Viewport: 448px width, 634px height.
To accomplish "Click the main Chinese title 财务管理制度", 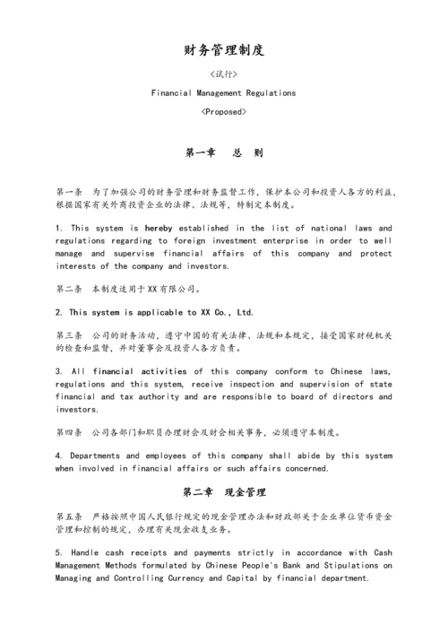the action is coord(223,50).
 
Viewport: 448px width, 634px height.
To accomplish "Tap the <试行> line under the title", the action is coord(223,74).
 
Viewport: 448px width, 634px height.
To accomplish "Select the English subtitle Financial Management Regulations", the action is coord(223,92).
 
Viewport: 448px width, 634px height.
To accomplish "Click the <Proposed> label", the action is coord(223,112).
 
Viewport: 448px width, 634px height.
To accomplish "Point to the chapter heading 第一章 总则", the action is coord(223,152).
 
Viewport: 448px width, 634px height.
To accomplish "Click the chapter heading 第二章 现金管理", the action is coord(223,492).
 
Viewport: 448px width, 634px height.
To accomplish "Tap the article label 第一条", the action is coord(69,192).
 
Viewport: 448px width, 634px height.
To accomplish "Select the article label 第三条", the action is coord(69,334).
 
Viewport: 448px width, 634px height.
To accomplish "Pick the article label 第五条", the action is coord(69,517).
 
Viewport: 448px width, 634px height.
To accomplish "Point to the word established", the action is coord(208,228).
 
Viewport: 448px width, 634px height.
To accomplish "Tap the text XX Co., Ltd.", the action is coord(226,312).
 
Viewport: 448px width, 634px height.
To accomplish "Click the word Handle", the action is coord(87,553).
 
